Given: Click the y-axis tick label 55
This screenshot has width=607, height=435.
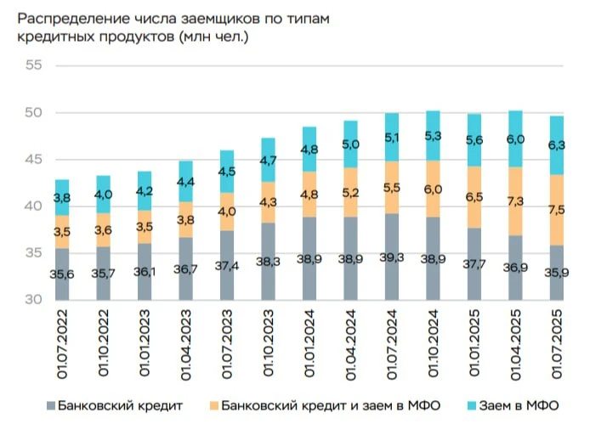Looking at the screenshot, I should coord(34,65).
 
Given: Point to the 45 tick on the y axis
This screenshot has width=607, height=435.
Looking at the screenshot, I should coord(34,160).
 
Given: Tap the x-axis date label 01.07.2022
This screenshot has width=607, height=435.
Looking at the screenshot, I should coord(62,342).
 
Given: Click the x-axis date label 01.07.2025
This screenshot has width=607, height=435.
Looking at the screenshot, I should coord(556,342).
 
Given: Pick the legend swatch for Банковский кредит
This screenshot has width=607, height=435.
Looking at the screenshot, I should coord(51,405).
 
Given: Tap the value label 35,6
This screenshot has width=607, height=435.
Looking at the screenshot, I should coord(62,274).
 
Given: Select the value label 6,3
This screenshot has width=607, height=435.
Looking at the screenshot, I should coord(556,145).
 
